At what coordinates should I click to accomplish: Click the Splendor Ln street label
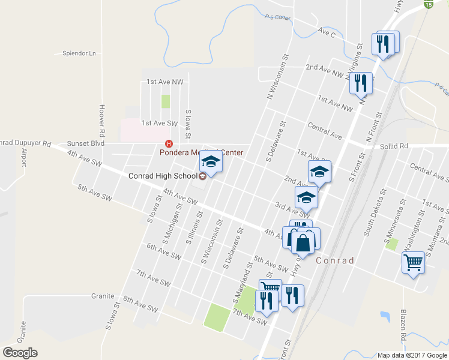tap(79, 53)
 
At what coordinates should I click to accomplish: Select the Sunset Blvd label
tap(86, 143)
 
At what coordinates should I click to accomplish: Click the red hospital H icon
tap(169, 144)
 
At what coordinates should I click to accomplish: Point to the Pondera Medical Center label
tap(201, 152)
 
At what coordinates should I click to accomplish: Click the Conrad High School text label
tap(163, 176)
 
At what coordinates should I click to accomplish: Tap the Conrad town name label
tap(334, 260)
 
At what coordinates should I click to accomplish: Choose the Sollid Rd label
tap(394, 146)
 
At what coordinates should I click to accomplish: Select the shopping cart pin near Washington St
tap(414, 262)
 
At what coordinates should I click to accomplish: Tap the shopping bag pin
tap(304, 242)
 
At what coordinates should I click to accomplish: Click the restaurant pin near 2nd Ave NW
tap(361, 82)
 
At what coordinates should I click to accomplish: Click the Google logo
tap(20, 353)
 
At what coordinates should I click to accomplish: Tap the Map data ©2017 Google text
tap(412, 355)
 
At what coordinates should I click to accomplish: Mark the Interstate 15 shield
tap(428, 4)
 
